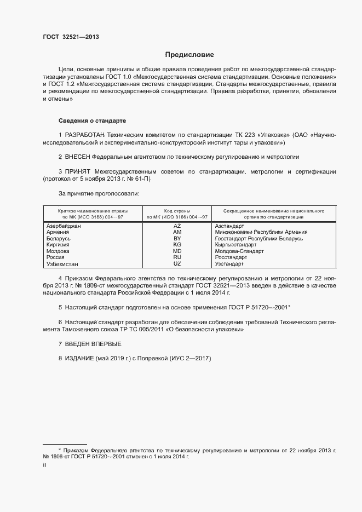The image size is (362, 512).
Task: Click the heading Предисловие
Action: [x=189, y=55]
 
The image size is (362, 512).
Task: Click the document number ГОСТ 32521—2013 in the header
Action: [x=71, y=37]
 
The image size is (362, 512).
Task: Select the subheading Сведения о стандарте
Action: [x=93, y=120]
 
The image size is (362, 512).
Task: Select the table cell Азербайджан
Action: [x=64, y=226]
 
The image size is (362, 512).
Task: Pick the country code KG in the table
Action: [x=177, y=245]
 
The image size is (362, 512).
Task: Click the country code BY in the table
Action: [x=177, y=239]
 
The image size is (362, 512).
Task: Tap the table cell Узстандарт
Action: [x=229, y=264]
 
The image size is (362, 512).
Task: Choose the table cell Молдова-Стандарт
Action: [x=239, y=251]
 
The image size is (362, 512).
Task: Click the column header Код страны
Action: [x=177, y=211]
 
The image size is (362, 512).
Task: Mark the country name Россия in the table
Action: [x=55, y=257]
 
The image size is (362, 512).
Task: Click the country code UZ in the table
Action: [x=177, y=264]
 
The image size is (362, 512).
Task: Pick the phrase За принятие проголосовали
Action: [x=99, y=193]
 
